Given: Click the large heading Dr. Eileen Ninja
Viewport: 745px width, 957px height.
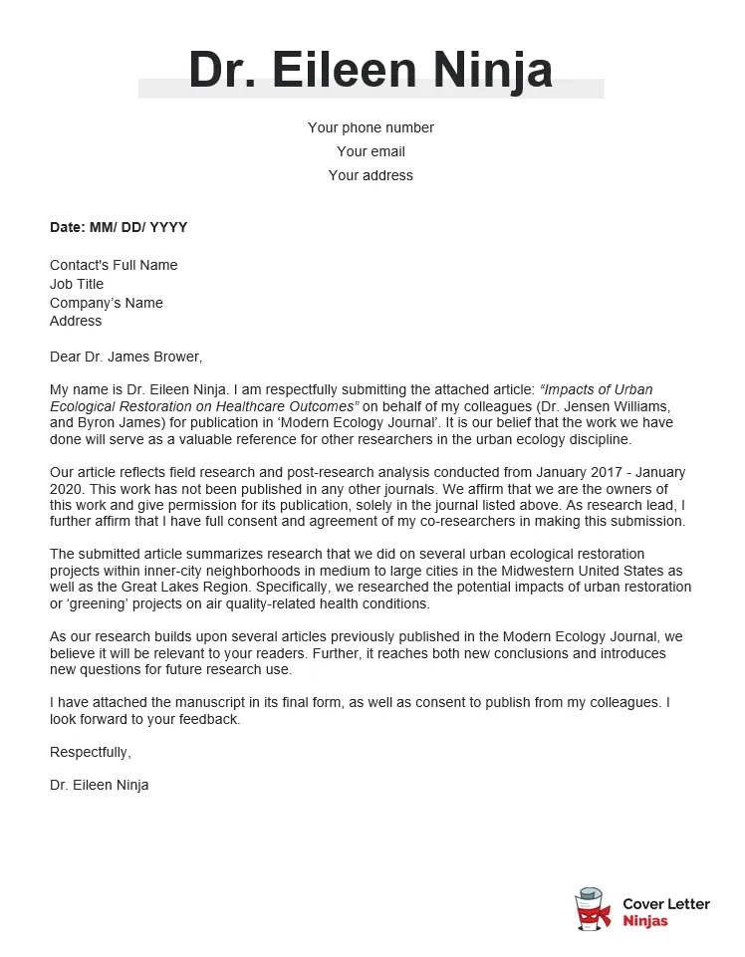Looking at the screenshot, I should [x=371, y=70].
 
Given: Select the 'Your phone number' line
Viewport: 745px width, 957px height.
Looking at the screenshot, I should [x=371, y=127].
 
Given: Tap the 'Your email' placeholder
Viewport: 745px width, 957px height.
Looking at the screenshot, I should [x=371, y=151].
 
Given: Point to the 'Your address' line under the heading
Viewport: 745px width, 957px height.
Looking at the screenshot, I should [x=371, y=175].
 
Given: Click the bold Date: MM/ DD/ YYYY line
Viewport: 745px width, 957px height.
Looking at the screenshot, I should [x=119, y=227].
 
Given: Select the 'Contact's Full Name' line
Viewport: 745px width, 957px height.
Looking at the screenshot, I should [x=114, y=265].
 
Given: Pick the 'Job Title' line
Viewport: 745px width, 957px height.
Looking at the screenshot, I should [x=77, y=284].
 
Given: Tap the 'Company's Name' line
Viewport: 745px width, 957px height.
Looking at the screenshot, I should [x=107, y=303].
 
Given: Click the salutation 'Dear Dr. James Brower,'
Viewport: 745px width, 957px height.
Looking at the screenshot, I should [x=125, y=357].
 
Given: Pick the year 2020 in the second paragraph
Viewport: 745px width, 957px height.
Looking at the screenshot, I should [x=67, y=489].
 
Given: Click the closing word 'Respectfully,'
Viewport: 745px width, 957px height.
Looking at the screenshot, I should [x=91, y=752].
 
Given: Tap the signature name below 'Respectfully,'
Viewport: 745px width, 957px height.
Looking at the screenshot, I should [x=100, y=785].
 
